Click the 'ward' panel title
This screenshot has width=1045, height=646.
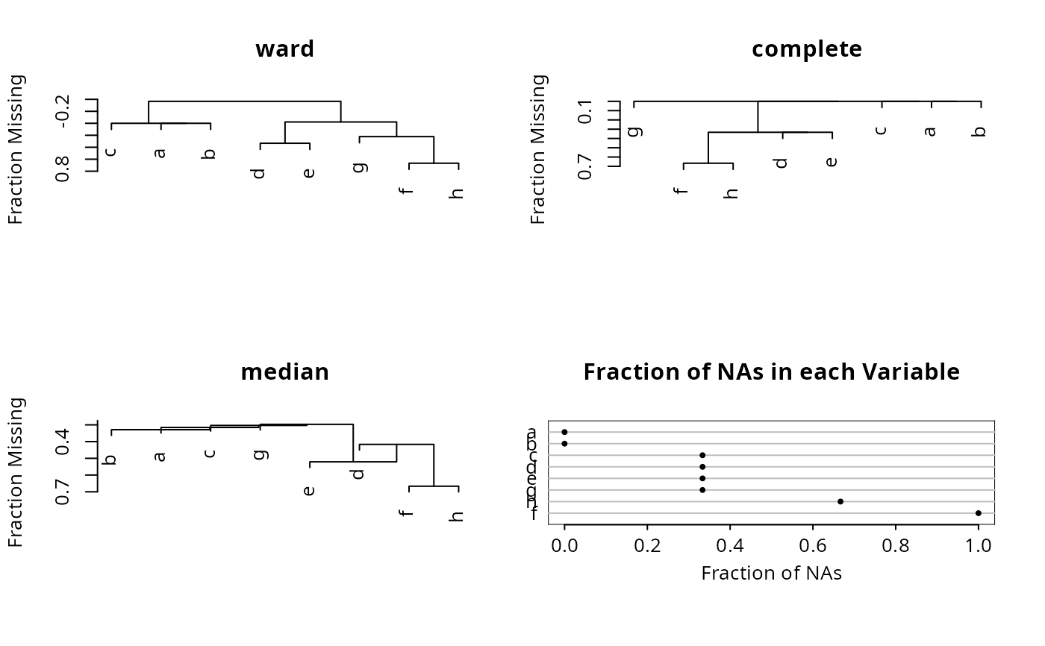pos(284,49)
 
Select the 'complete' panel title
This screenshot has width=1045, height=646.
pos(807,49)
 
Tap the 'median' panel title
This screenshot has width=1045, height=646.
pos(284,371)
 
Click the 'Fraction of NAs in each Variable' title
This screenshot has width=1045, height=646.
pos(771,371)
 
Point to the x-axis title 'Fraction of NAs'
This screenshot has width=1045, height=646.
pos(771,573)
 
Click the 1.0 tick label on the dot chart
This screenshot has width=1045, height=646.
pos(978,546)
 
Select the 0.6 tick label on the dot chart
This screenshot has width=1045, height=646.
pos(813,546)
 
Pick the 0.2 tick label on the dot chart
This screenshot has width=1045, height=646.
pos(647,546)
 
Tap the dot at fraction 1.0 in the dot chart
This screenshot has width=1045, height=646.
pos(978,513)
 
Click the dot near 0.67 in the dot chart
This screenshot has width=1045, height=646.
pos(840,501)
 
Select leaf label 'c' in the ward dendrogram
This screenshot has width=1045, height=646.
pos(111,152)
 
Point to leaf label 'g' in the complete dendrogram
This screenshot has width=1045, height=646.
pos(634,131)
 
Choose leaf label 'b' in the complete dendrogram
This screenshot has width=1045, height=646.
pos(981,131)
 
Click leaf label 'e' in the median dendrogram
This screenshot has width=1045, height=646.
pos(310,490)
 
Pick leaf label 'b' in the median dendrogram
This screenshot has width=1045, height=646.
pos(111,459)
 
